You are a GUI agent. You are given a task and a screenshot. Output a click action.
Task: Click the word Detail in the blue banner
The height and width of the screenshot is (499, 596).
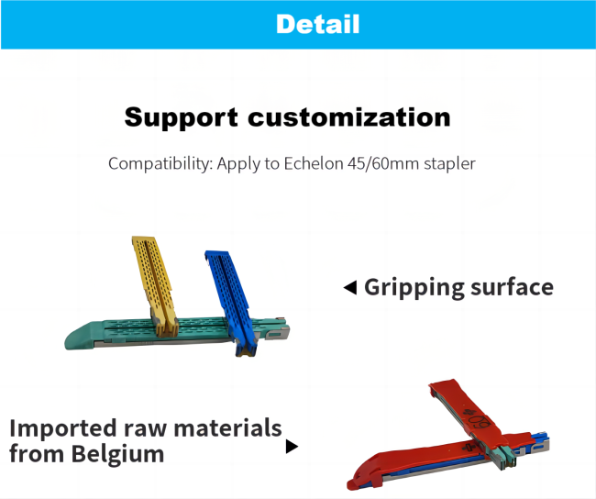click(318, 24)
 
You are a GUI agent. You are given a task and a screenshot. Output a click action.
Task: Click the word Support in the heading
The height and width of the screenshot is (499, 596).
click(181, 118)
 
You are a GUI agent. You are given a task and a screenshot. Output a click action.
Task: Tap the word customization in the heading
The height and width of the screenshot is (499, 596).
click(349, 117)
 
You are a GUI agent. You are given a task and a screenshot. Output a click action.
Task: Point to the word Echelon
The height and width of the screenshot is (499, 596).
click(314, 163)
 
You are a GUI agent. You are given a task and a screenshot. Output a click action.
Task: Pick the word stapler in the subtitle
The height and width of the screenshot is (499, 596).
click(449, 164)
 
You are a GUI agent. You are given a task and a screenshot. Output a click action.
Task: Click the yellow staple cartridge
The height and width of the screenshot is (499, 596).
click(155, 285)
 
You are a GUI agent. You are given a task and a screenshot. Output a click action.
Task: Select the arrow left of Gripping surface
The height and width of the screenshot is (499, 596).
click(349, 287)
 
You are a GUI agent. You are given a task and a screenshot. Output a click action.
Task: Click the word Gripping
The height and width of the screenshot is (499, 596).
click(414, 288)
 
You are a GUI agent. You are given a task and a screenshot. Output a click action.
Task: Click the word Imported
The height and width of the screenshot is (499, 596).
click(62, 429)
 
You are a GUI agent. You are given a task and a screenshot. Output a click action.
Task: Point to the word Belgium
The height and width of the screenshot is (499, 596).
click(117, 454)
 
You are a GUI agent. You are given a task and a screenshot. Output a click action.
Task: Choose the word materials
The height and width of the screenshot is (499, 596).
click(227, 427)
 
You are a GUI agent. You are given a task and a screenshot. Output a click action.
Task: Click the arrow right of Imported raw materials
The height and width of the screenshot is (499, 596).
click(292, 447)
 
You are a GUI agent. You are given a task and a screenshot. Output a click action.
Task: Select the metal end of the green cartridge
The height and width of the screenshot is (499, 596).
click(278, 332)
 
